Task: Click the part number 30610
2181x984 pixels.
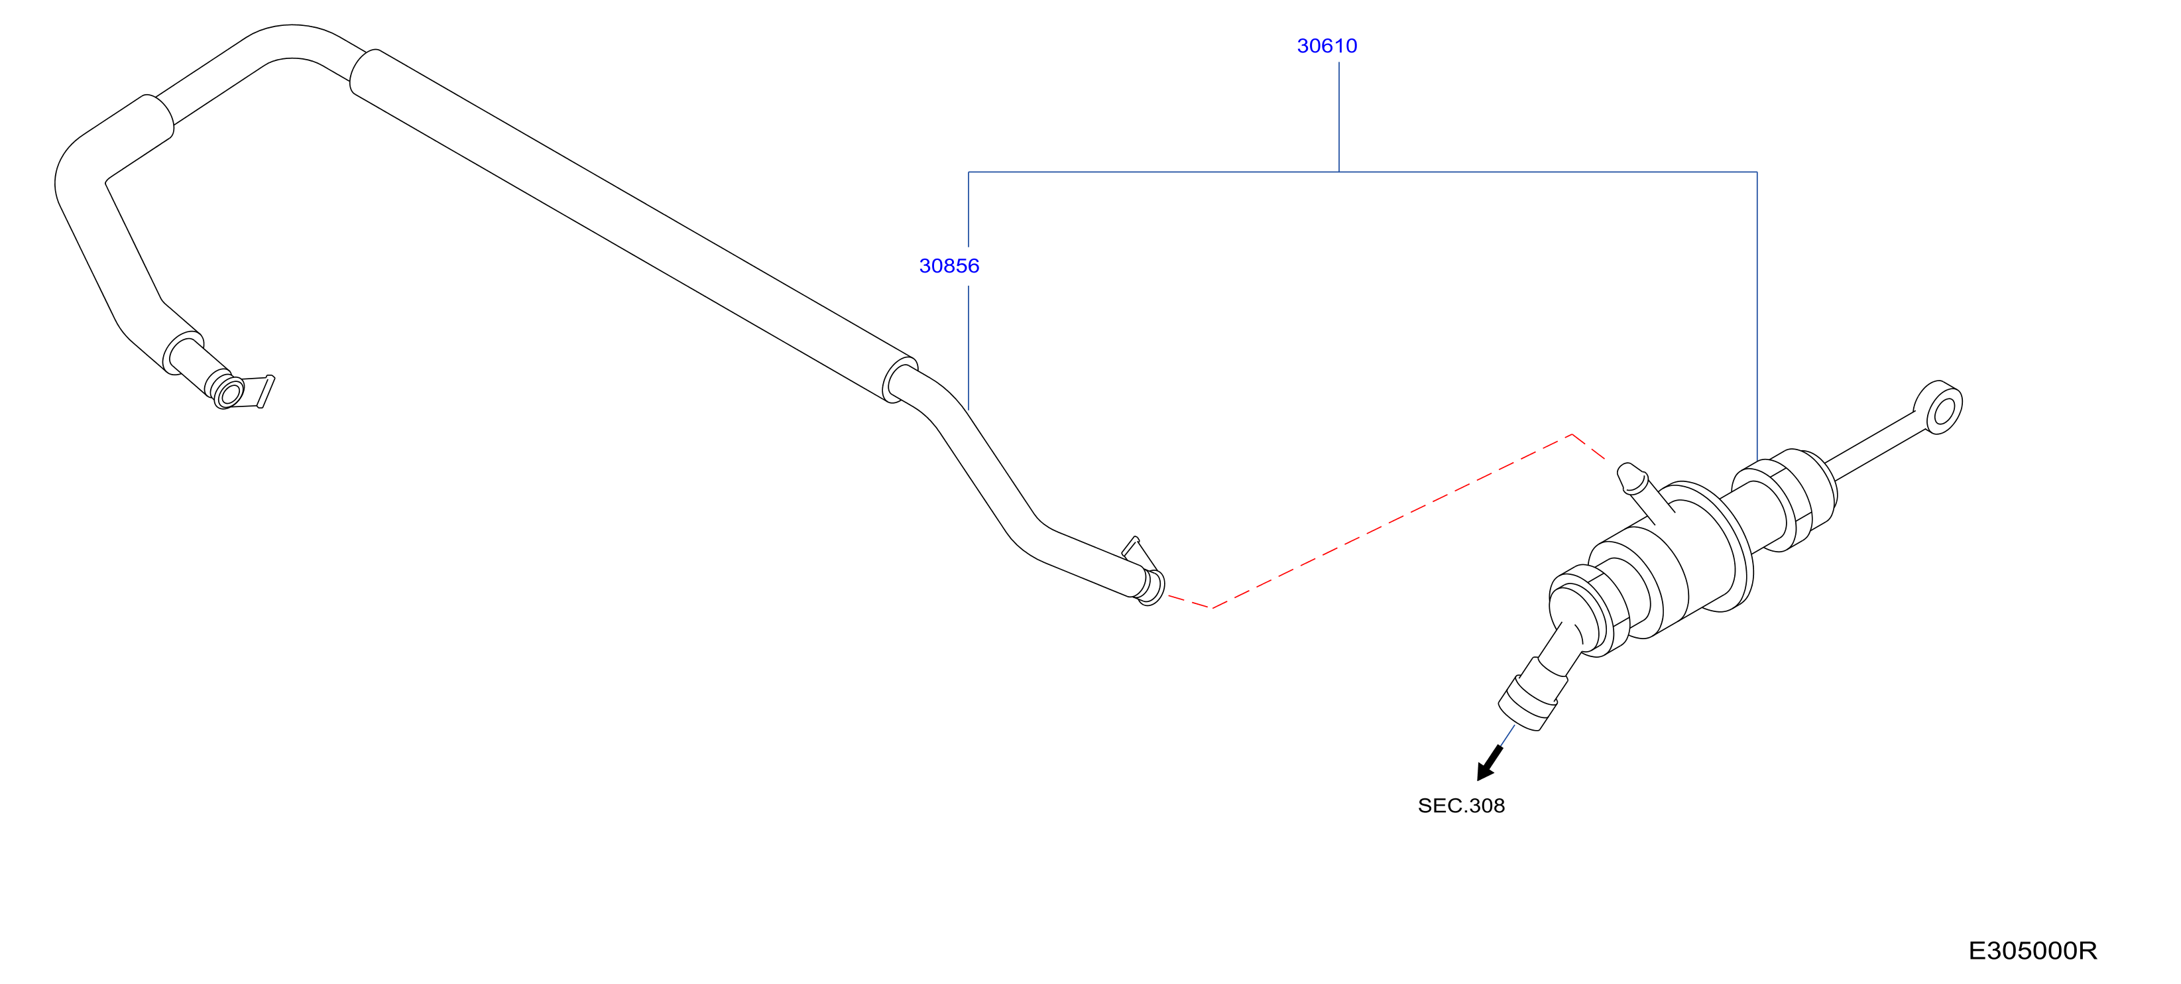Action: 1326,46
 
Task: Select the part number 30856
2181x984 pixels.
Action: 949,266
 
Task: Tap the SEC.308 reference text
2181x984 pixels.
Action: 1461,806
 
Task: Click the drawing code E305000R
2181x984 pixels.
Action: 2032,950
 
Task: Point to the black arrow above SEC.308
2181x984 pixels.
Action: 1490,763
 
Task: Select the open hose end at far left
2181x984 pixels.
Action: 228,393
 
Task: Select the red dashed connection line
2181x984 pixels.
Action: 1389,520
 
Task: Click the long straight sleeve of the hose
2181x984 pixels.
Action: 633,226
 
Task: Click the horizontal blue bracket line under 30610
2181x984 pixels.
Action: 1362,172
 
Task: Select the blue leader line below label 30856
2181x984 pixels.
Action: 969,347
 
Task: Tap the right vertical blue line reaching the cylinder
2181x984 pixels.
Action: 1757,316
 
